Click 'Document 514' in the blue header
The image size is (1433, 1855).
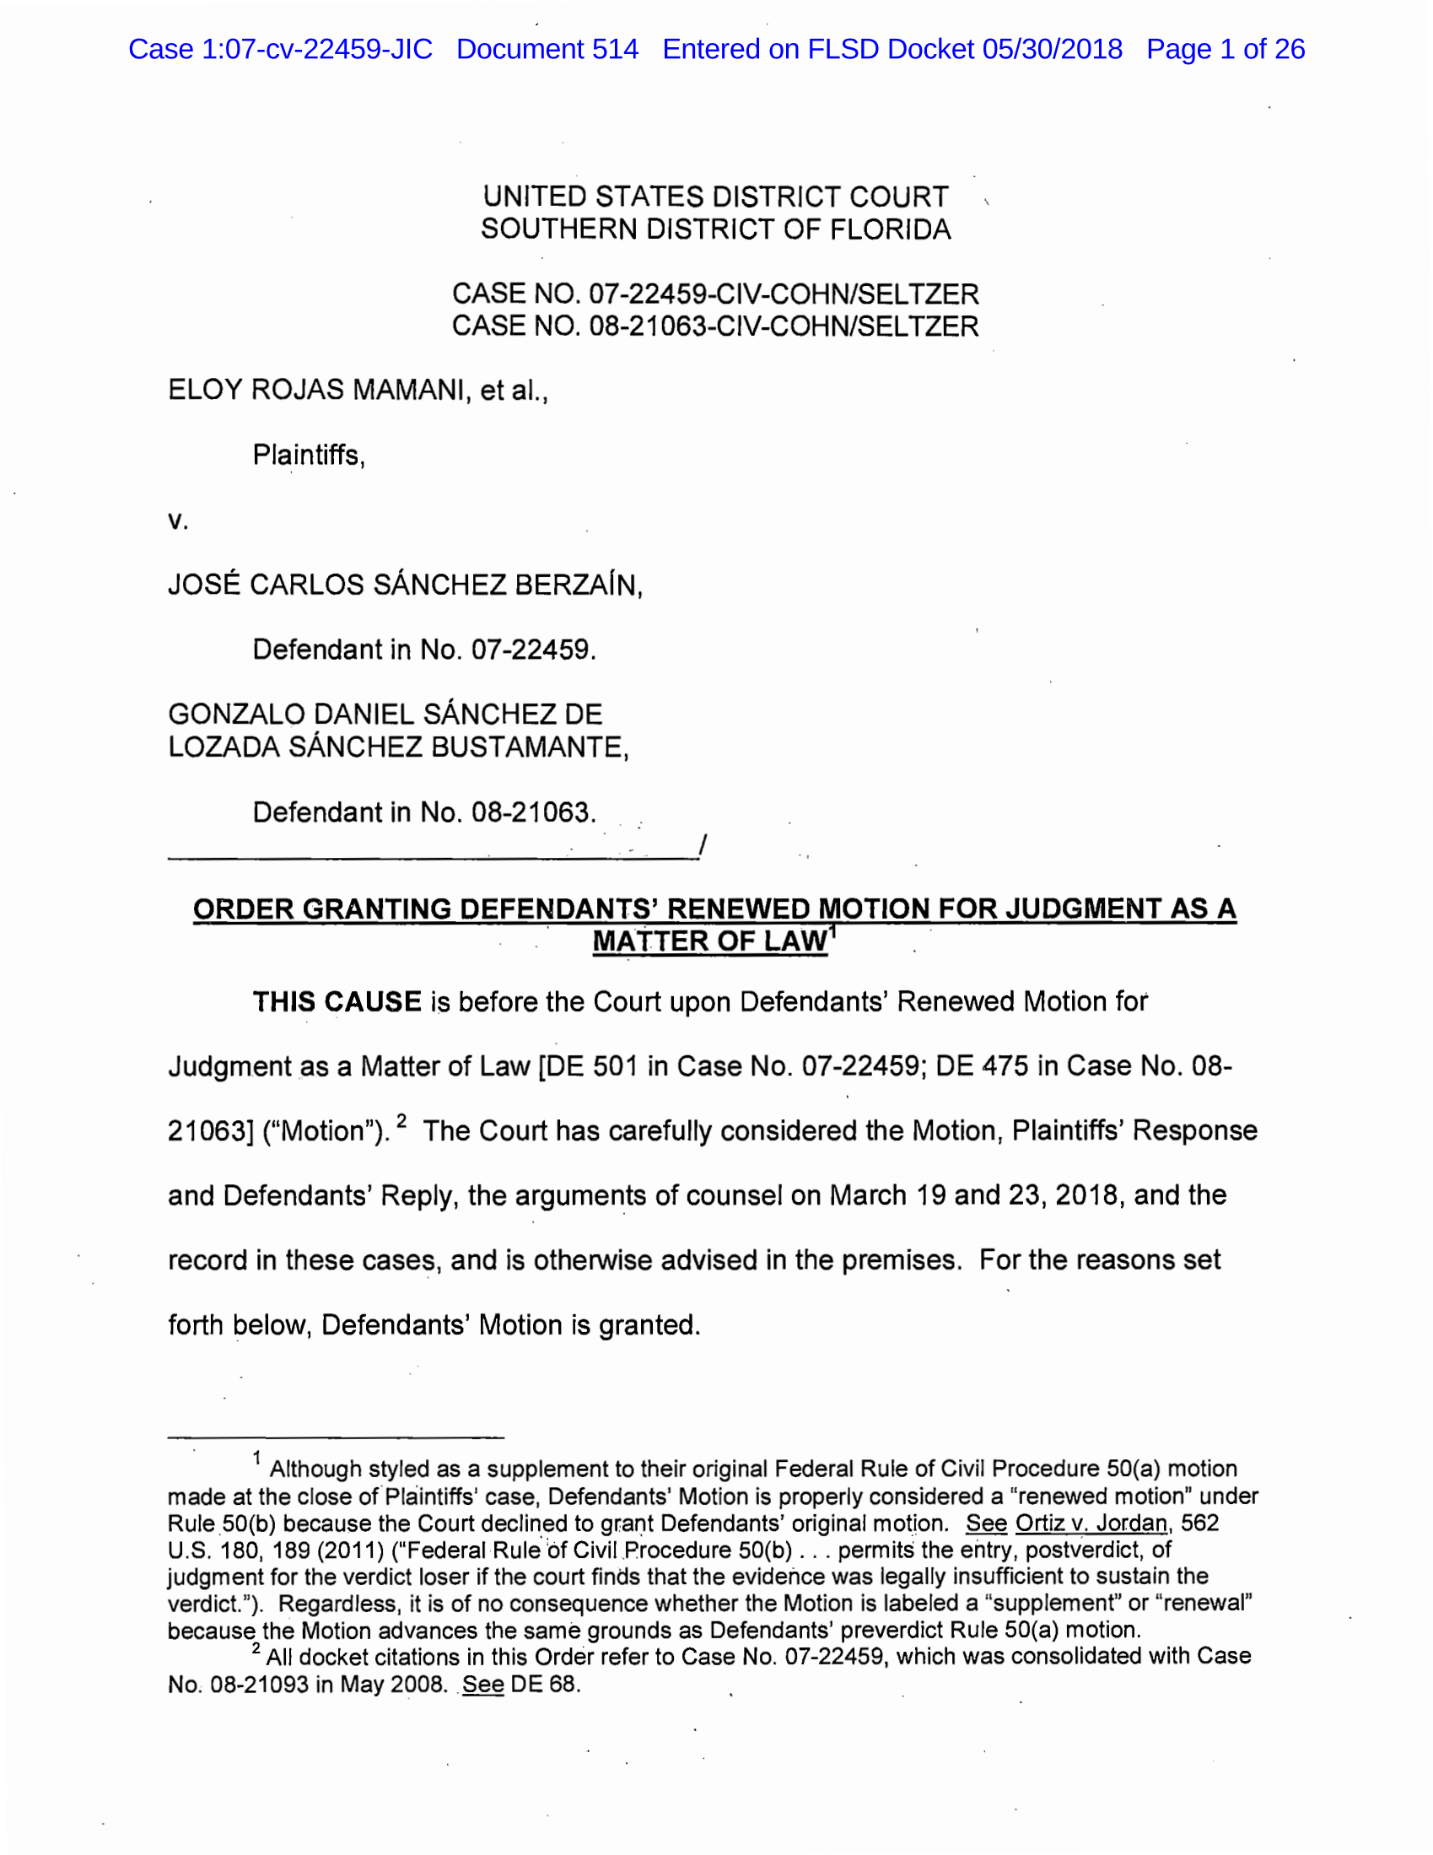(x=547, y=49)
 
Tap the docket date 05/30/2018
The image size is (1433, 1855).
(x=1052, y=49)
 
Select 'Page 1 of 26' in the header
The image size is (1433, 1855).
(x=1225, y=49)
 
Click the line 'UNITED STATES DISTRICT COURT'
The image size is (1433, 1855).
(x=715, y=197)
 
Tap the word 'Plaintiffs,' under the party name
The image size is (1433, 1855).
(x=309, y=456)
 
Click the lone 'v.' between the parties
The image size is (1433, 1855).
(x=177, y=520)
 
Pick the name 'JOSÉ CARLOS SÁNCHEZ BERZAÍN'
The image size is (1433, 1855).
(x=403, y=585)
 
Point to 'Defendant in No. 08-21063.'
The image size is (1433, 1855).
(x=424, y=812)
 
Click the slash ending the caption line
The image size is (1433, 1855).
(x=703, y=846)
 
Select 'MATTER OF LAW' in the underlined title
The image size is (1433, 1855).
(x=709, y=941)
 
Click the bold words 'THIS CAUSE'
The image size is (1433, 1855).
(x=337, y=1002)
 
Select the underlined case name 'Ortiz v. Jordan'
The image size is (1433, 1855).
(x=1091, y=1523)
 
